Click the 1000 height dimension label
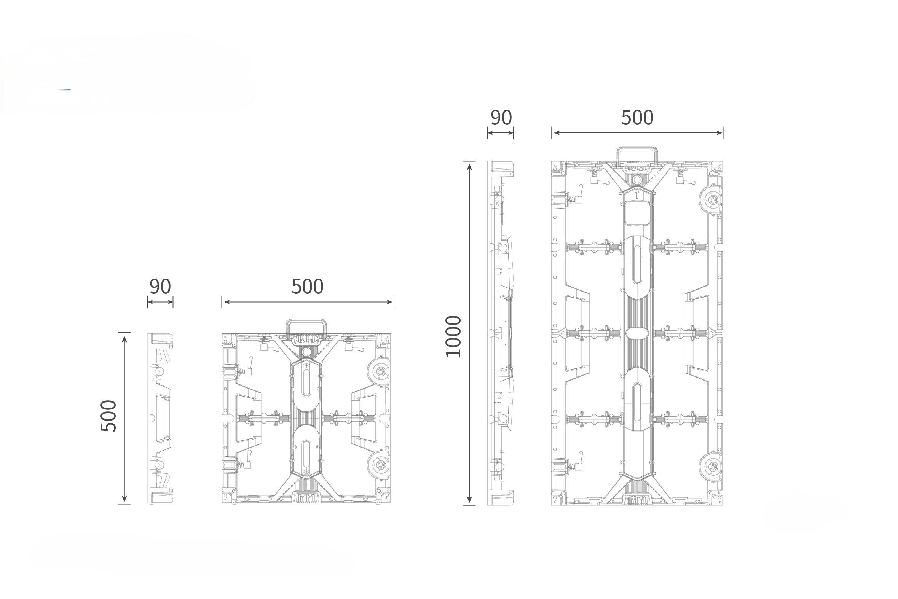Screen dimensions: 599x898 (453, 336)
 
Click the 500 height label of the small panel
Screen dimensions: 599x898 (108, 416)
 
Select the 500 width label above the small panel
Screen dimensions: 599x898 (307, 287)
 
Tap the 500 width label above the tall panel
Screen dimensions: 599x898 (637, 118)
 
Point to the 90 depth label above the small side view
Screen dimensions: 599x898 (160, 287)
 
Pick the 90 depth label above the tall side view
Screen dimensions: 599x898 (501, 118)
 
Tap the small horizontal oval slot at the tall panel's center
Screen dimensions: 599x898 (637, 332)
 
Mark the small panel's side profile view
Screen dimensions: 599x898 (161, 418)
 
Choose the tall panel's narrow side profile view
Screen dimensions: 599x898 (501, 333)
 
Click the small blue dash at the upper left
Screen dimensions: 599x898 (65, 90)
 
